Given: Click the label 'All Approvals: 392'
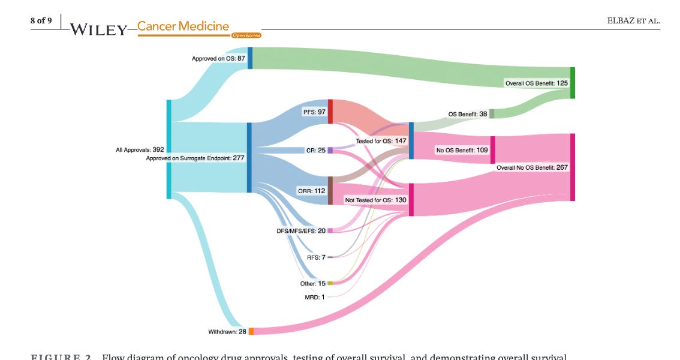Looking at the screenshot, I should pos(140,149).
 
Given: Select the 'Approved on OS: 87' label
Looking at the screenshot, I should pos(218,58).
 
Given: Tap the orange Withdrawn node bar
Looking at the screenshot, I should pos(251,331).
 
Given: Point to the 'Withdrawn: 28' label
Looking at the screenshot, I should pos(227,331).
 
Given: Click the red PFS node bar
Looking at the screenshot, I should pos(330,112).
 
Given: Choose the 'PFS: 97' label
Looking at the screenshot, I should pos(314,112).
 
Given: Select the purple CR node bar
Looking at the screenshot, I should pos(330,150).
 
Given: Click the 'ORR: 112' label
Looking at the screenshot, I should pos(311,191).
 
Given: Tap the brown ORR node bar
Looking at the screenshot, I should pos(330,191).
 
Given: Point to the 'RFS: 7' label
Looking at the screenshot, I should pos(315,257).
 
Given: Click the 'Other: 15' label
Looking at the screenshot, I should pos(312,283).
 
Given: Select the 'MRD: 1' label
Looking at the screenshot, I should pos(315,296).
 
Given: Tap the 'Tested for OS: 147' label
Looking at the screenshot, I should pos(381,141).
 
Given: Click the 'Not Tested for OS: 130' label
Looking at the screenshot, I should pos(375,200).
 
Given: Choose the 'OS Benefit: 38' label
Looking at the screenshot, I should pos(468,114).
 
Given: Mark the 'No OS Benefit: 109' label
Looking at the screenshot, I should pos(462,150).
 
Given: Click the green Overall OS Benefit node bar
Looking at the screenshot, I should pos(572,83).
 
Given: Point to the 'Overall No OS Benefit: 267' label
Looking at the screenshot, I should pos(532,167).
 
